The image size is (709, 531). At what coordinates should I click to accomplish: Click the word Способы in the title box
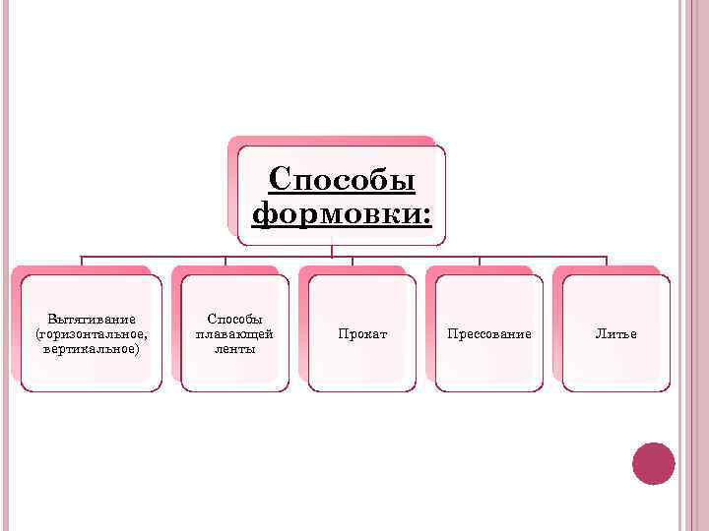point(342,180)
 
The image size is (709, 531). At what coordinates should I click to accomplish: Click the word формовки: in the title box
point(342,212)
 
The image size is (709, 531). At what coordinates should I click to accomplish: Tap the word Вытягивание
point(92,320)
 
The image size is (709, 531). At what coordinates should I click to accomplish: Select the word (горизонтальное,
point(92,334)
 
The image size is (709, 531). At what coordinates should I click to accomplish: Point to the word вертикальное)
point(92,348)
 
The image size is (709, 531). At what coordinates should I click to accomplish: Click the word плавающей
point(234,334)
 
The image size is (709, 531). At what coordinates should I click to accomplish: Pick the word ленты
point(234,348)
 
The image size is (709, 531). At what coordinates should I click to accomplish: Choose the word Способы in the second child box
point(234,320)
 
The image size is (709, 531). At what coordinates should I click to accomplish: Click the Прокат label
point(362,334)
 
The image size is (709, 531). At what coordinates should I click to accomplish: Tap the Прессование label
point(489,334)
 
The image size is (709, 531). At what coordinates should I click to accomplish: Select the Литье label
point(616,334)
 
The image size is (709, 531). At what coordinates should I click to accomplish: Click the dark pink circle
point(653,463)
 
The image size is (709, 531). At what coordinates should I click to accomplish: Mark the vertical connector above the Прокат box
point(353,262)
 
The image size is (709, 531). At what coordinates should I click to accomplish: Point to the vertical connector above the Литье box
point(607,262)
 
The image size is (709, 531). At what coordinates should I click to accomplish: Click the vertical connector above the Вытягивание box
point(82,262)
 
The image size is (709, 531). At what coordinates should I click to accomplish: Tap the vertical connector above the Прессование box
point(480,262)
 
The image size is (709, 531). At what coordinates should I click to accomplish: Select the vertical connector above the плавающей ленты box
point(226,262)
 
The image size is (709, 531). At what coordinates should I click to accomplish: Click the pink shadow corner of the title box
point(233,142)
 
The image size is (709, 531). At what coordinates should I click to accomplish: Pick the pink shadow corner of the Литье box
point(558,271)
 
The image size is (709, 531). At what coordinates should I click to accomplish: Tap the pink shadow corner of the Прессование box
point(431,271)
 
